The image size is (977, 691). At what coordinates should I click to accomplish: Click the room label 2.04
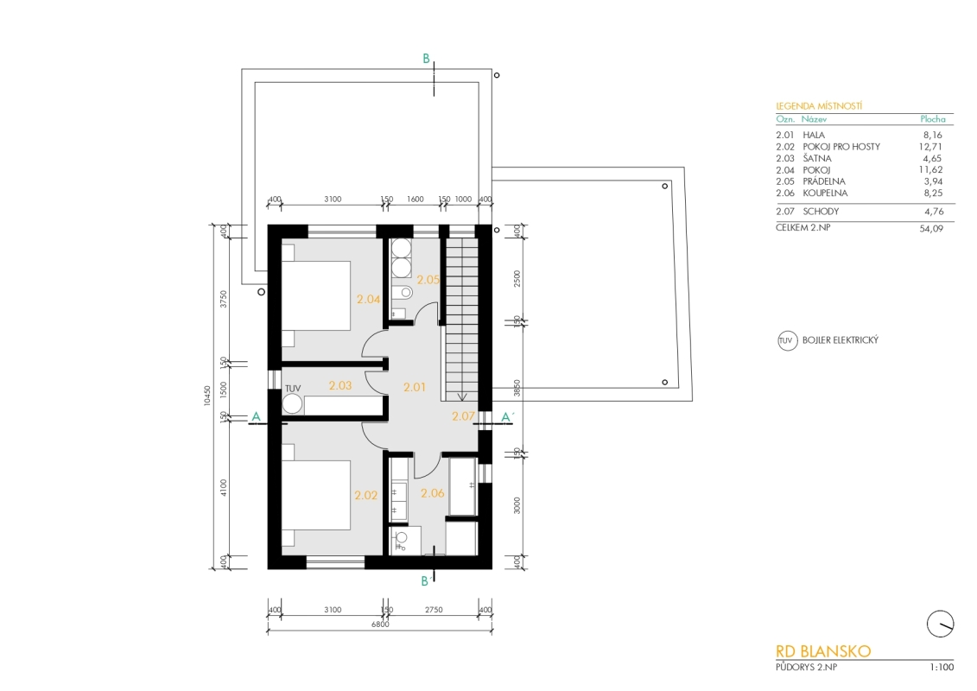(368, 299)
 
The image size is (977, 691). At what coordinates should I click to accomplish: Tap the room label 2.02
(365, 495)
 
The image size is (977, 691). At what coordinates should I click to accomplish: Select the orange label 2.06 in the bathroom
(433, 493)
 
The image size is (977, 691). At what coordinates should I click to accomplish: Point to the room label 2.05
(428, 280)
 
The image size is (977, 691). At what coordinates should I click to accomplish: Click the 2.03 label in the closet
(340, 386)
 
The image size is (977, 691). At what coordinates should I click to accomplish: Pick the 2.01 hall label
(415, 387)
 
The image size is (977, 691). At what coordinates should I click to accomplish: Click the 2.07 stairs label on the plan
(463, 416)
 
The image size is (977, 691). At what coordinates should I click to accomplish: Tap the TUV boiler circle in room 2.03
(292, 404)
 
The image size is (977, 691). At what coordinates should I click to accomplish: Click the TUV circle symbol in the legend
(788, 341)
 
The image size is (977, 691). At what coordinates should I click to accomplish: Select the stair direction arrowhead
(461, 396)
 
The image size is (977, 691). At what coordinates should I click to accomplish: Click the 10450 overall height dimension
(207, 396)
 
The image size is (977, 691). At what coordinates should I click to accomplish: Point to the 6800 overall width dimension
(380, 624)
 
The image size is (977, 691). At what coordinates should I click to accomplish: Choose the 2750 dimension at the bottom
(434, 610)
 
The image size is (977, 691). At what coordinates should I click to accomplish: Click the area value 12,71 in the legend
(930, 147)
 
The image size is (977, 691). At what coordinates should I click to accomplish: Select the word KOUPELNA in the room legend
(825, 193)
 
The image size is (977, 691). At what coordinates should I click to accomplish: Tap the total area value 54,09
(931, 229)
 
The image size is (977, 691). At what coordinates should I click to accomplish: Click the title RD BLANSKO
(823, 651)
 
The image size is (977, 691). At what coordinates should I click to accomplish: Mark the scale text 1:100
(942, 668)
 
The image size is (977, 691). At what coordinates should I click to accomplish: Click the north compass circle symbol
(940, 624)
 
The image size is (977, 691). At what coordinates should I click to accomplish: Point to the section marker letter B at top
(426, 59)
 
